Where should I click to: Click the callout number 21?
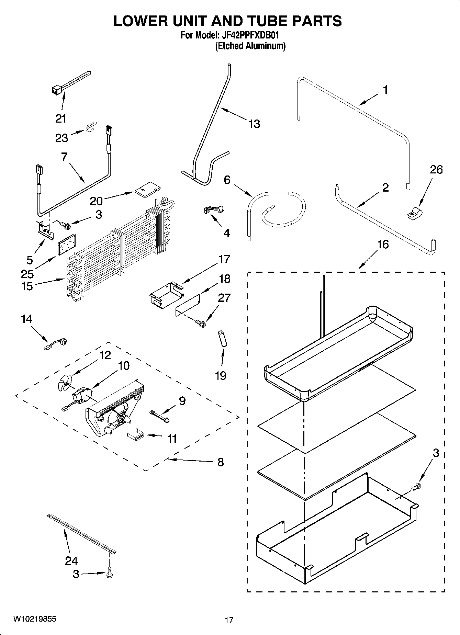(x=61, y=119)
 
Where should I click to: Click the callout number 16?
(x=383, y=245)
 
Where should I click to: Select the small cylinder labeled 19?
(x=222, y=339)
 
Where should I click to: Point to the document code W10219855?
(x=35, y=619)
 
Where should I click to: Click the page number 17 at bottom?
(x=229, y=620)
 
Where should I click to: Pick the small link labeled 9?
(x=159, y=415)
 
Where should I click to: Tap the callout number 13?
(x=254, y=124)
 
